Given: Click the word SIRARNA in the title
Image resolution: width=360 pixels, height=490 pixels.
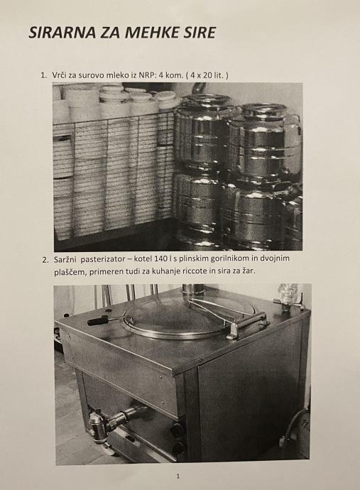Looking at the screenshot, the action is pyautogui.click(x=62, y=33).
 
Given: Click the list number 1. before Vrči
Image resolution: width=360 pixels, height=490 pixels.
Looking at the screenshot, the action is pyautogui.click(x=43, y=75).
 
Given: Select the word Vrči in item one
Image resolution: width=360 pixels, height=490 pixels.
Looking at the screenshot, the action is pyautogui.click(x=60, y=75).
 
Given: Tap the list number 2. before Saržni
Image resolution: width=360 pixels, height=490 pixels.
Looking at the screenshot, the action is pyautogui.click(x=45, y=260).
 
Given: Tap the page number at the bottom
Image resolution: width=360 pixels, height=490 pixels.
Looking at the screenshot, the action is pyautogui.click(x=178, y=477).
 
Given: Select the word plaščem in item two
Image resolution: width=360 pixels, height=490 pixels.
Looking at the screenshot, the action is pyautogui.click(x=70, y=272).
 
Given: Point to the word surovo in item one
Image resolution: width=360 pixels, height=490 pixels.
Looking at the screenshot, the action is pyautogui.click(x=91, y=75).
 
